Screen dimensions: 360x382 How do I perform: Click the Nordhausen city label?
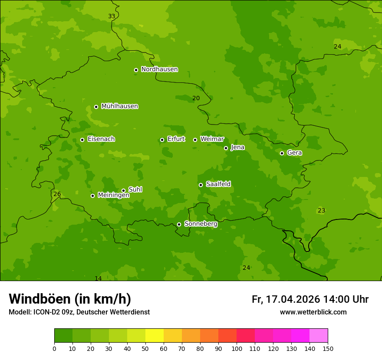(x=159, y=69)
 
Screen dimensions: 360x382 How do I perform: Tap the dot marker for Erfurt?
(x=162, y=140)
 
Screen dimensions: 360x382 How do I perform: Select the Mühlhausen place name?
(x=119, y=106)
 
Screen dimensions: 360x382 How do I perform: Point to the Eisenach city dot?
(x=82, y=140)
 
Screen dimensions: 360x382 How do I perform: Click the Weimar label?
(x=212, y=139)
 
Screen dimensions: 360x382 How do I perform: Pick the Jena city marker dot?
(x=226, y=148)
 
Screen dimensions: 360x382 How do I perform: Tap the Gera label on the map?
(x=294, y=153)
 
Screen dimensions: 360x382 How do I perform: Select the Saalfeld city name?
(x=218, y=184)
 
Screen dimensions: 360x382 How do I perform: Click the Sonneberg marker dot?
(x=179, y=224)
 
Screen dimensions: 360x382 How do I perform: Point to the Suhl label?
(x=135, y=190)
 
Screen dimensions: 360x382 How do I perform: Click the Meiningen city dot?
(x=92, y=196)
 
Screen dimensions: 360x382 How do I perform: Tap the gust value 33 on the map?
(x=112, y=16)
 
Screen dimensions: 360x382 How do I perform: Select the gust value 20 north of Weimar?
(x=196, y=98)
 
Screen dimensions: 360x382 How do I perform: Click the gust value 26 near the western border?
(x=57, y=194)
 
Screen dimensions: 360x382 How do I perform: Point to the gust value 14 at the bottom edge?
(x=98, y=278)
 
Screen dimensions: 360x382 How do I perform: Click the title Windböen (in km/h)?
(x=70, y=299)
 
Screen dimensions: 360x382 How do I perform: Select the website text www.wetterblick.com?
(x=313, y=312)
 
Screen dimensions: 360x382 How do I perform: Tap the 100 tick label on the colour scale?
(x=237, y=348)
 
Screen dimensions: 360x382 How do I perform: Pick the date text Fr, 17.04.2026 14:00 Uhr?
(x=310, y=299)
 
